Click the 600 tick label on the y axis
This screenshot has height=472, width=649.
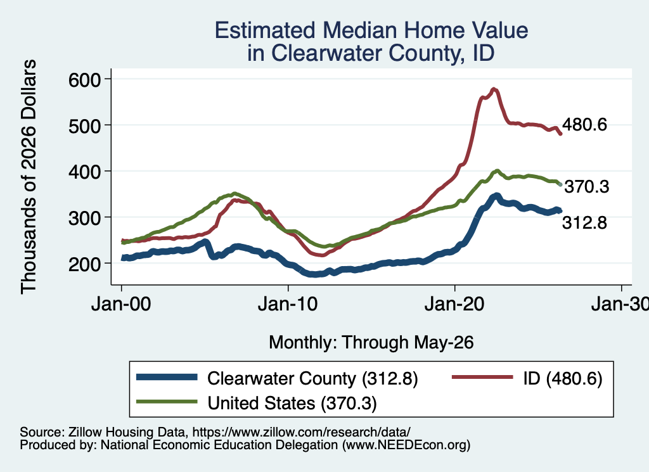(x=84, y=79)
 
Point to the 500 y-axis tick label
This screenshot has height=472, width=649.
(x=84, y=125)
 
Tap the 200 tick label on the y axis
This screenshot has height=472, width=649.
(x=84, y=264)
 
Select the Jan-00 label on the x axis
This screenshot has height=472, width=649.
(x=121, y=304)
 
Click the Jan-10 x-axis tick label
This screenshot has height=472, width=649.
(x=288, y=304)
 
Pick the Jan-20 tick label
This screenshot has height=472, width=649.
(x=454, y=304)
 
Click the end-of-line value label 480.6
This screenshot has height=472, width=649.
(x=584, y=124)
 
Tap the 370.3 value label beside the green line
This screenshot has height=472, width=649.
(x=587, y=186)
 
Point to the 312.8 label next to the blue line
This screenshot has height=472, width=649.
(x=584, y=223)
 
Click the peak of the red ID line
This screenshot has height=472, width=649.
(x=493, y=89)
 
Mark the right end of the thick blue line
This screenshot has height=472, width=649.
(x=560, y=211)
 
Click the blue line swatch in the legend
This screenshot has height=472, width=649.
(x=167, y=377)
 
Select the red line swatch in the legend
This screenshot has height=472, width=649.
(x=482, y=377)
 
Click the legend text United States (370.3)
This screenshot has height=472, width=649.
(x=292, y=403)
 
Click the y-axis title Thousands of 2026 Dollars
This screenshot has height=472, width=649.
(x=29, y=177)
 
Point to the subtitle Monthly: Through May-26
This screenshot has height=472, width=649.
(x=371, y=343)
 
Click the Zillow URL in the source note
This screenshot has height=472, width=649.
(x=301, y=432)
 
